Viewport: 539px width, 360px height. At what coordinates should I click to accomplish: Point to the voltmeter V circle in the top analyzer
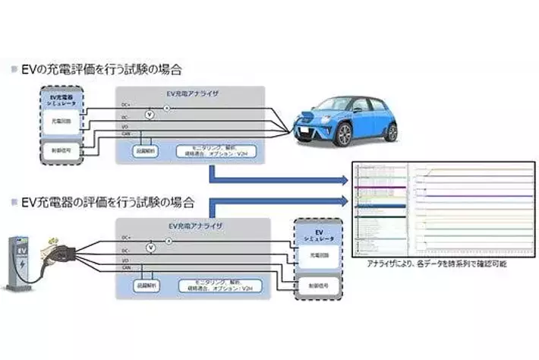click(x=150, y=114)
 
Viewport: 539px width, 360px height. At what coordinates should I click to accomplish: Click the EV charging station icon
click(x=20, y=263)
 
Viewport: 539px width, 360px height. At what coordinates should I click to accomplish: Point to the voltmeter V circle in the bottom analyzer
click(x=150, y=247)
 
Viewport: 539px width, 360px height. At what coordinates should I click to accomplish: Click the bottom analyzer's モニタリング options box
click(x=216, y=284)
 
